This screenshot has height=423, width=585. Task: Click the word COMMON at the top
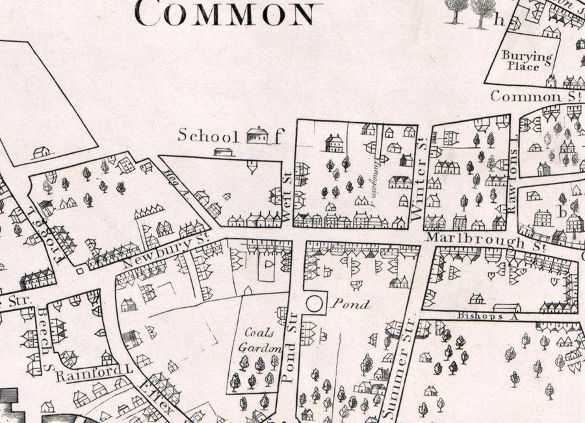pyautogui.click(x=228, y=12)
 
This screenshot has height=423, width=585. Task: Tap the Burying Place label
pyautogui.click(x=527, y=61)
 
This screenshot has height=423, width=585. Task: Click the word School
pyautogui.click(x=208, y=135)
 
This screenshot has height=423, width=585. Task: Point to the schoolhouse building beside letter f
pyautogui.click(x=257, y=135)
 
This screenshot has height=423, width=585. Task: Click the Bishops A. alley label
pyautogui.click(x=482, y=316)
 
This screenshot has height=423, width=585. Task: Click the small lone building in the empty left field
pyautogui.click(x=41, y=152)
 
